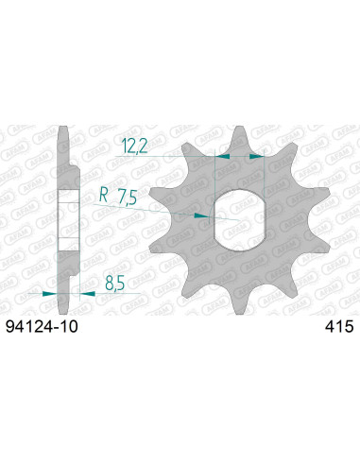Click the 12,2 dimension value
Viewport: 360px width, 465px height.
[x=134, y=146]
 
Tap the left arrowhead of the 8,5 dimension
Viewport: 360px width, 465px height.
[x=49, y=294]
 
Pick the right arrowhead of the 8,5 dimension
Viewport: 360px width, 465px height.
[x=85, y=294]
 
